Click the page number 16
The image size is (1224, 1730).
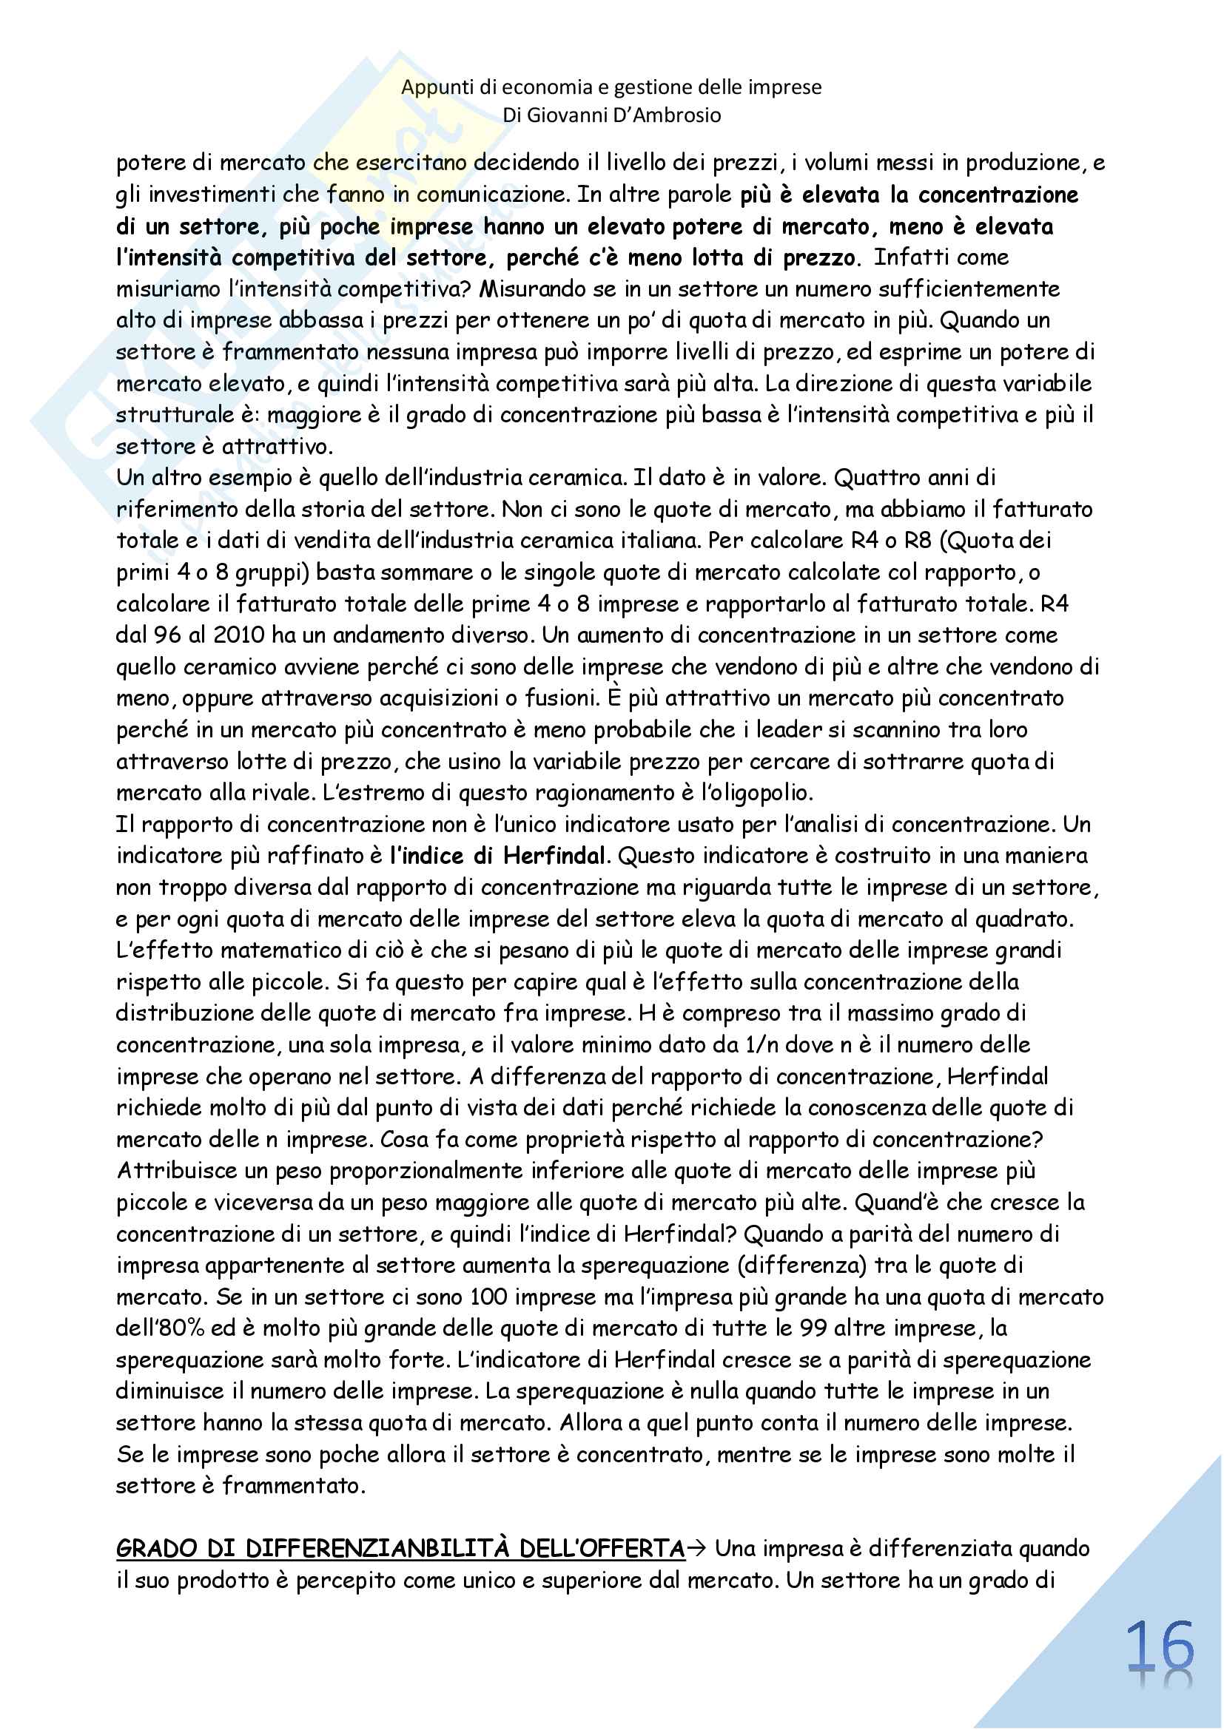click(1160, 1647)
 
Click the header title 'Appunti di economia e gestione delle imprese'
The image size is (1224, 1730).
click(611, 87)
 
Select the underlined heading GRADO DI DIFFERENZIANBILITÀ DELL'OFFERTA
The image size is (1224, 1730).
click(400, 1548)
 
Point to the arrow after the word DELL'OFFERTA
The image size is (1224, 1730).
click(696, 1548)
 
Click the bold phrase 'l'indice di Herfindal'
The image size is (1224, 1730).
click(497, 856)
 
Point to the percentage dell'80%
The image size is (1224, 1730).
click(161, 1328)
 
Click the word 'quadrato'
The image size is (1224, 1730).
click(1023, 919)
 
